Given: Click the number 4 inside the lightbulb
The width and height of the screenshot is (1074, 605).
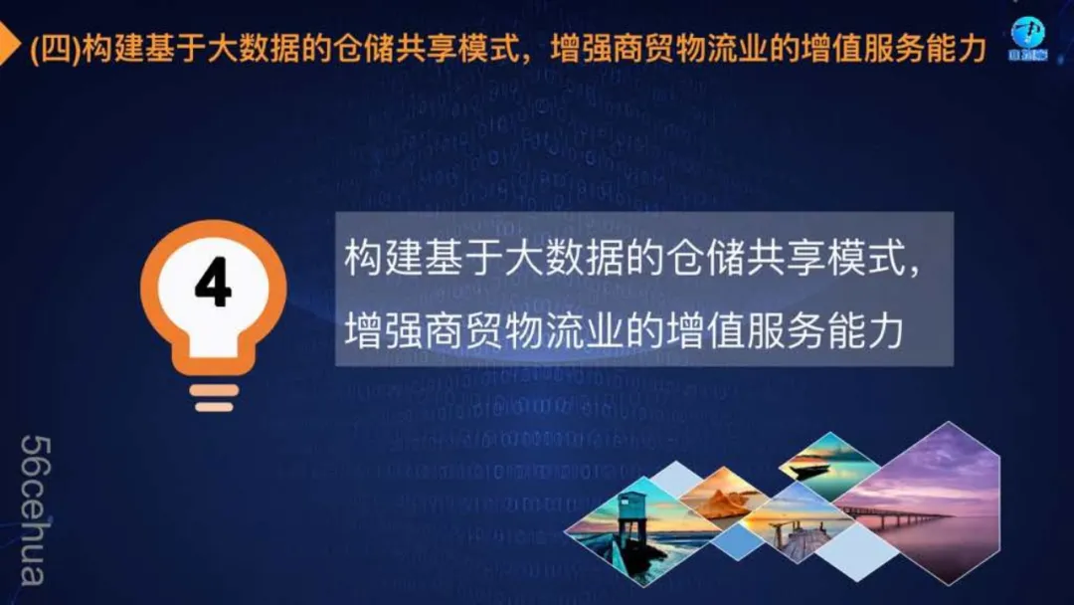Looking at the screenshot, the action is click(x=213, y=283).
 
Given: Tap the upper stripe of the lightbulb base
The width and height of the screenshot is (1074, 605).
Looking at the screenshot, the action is click(x=215, y=390).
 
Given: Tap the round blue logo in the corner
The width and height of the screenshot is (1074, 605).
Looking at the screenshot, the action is click(x=1027, y=39).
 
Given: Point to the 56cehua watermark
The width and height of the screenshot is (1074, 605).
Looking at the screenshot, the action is click(x=34, y=510).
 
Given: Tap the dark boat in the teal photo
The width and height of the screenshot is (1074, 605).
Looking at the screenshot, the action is click(x=811, y=470).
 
